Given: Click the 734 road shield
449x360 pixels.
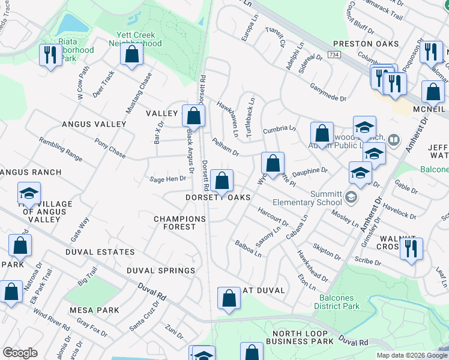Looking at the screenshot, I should (x=334, y=55).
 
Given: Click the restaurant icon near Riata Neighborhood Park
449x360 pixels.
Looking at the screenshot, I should (x=49, y=56).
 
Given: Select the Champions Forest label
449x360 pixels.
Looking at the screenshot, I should (x=175, y=223).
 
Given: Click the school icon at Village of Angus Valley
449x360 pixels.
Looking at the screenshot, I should (x=28, y=193).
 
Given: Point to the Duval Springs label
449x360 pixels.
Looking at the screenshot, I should (x=161, y=271).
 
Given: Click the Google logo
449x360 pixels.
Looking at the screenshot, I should (x=20, y=353).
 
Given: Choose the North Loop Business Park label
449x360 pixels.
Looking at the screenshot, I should (x=303, y=337).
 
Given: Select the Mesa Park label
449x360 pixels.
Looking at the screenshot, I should (x=94, y=310).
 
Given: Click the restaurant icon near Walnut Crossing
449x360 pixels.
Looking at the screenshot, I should (x=411, y=249).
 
